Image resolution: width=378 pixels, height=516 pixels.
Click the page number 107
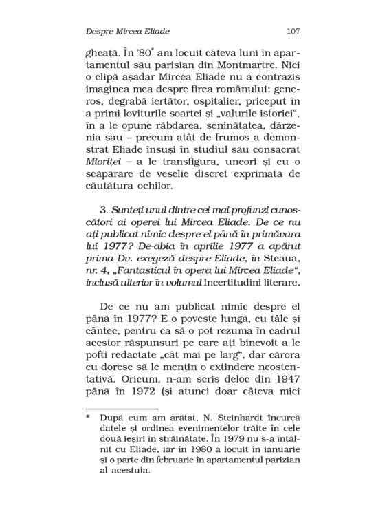[292, 32]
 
